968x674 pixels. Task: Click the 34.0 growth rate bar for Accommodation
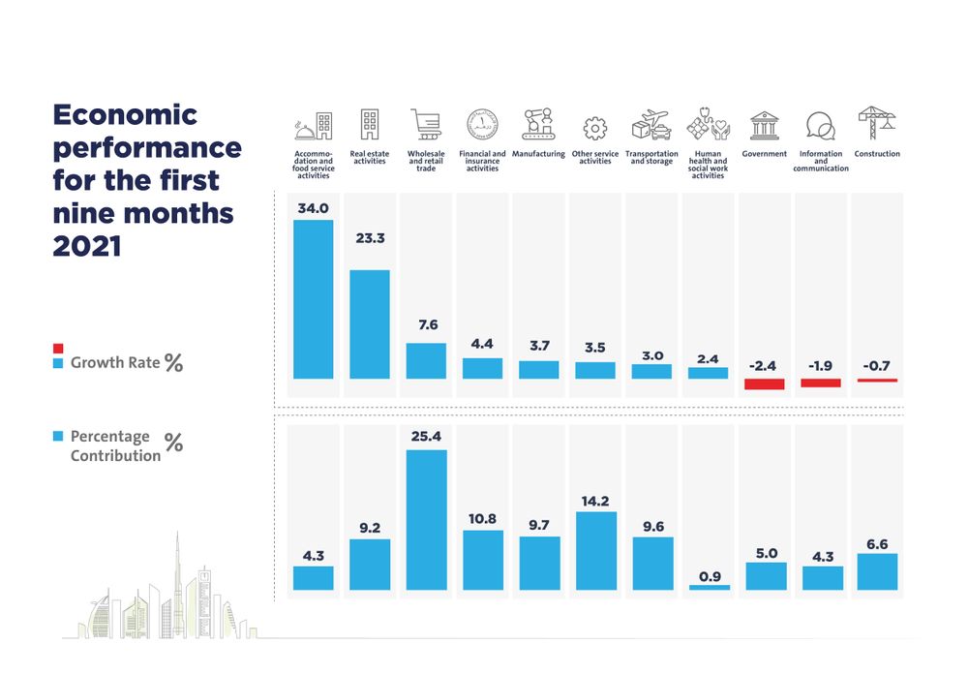tap(313, 299)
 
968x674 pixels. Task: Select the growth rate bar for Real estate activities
tap(369, 324)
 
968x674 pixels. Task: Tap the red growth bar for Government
tap(764, 384)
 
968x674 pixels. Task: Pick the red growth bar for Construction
tap(876, 381)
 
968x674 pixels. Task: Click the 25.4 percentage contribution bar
tap(426, 520)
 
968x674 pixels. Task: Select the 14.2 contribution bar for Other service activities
tap(594, 551)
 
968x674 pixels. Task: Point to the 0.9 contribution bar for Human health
tap(709, 587)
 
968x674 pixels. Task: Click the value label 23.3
tap(369, 237)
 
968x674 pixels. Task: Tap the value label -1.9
tap(820, 366)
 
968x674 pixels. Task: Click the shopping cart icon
tap(425, 124)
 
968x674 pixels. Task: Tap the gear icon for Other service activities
tap(594, 128)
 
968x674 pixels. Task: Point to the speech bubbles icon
tap(820, 126)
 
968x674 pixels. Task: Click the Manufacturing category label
tap(538, 154)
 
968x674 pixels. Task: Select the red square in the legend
tap(58, 348)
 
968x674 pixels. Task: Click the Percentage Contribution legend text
tap(114, 446)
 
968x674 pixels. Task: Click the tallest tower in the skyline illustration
tap(179, 581)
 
